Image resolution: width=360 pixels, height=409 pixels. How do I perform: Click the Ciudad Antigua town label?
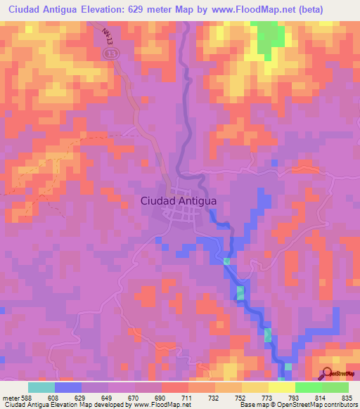point(179,200)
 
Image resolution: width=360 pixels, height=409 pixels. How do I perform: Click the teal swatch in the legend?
point(41,387)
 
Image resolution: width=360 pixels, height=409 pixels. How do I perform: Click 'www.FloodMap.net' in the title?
point(252,10)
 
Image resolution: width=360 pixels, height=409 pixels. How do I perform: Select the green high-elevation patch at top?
point(267,39)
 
